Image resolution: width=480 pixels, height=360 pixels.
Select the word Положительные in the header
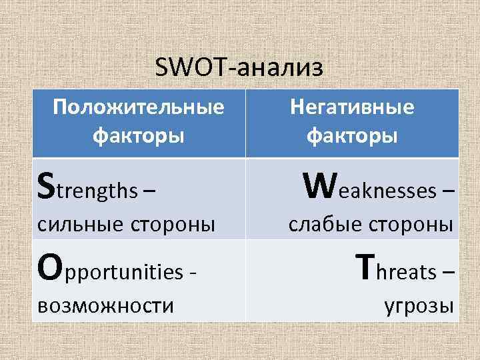139,107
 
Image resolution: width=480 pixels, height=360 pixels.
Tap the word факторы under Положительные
139,135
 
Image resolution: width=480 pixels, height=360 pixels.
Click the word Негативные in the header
352,107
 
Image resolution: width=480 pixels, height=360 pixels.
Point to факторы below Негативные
352,135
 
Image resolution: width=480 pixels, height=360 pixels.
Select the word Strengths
87,191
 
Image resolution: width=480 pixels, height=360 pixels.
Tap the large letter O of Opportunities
49,269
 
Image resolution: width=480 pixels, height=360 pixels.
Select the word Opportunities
110,272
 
